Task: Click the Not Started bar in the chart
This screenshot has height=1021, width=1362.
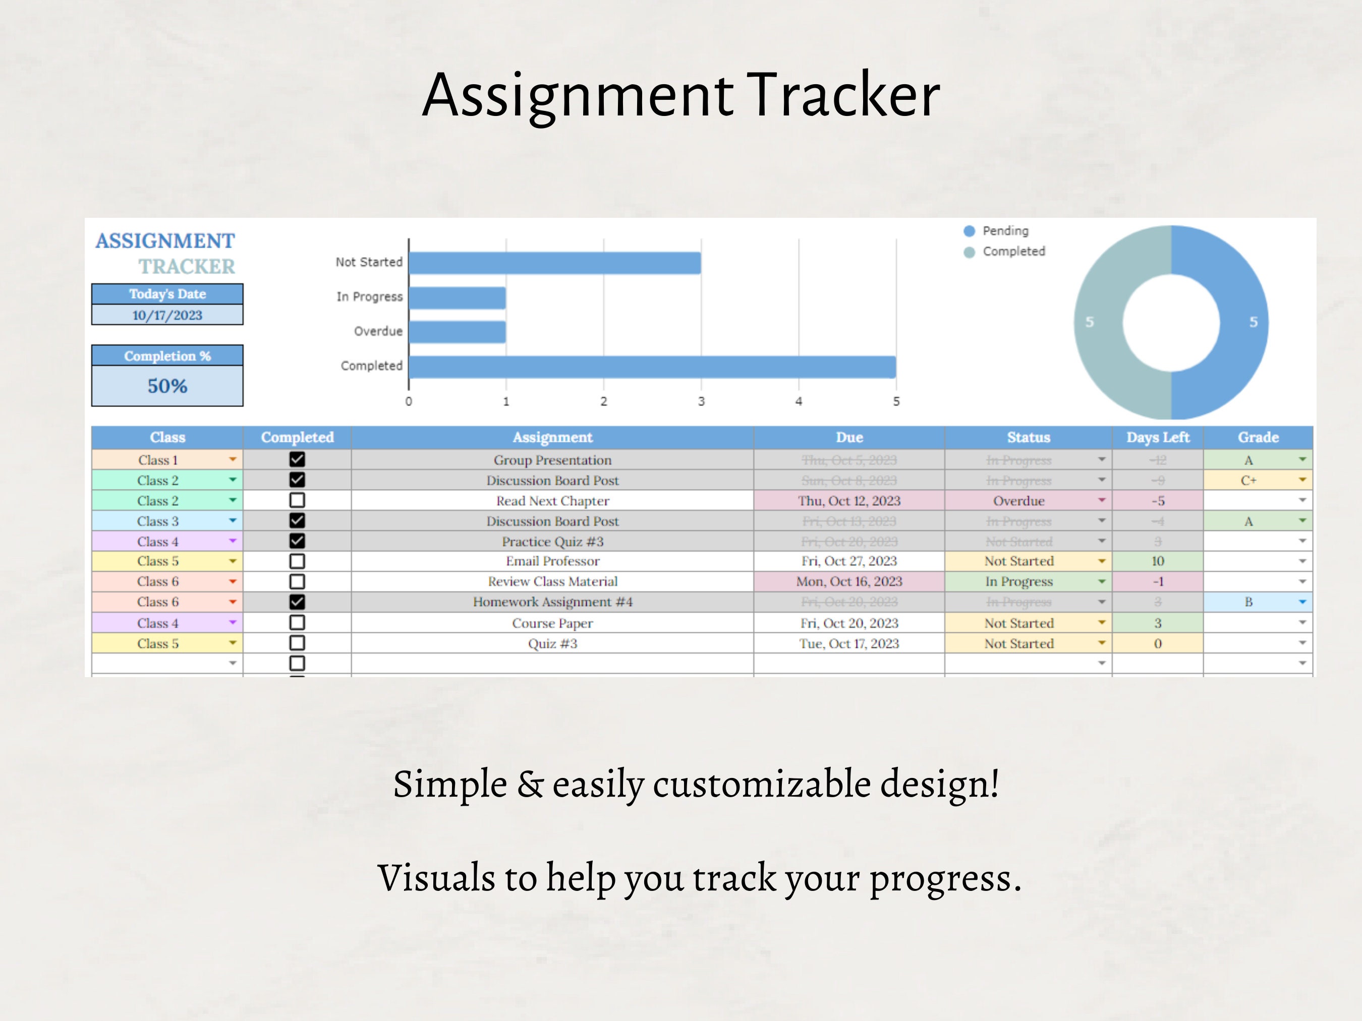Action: point(554,263)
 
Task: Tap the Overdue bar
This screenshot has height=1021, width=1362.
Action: point(457,332)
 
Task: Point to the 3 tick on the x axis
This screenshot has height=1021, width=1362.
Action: point(701,401)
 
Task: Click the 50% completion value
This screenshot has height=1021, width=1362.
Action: point(167,386)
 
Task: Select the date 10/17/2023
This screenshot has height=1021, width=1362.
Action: point(167,315)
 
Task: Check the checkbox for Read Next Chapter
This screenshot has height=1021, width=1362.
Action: point(298,500)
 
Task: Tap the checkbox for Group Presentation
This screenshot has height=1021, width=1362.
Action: point(298,459)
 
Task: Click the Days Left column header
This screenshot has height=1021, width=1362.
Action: point(1158,437)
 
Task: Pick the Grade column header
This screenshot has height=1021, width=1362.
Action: point(1258,437)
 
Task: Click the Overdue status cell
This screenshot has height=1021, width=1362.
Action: point(1019,501)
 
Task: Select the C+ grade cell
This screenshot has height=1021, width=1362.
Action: point(1248,480)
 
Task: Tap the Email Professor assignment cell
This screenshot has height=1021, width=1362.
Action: point(552,561)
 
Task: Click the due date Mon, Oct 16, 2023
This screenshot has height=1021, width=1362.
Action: point(849,581)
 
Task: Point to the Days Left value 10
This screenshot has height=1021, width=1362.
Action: point(1158,561)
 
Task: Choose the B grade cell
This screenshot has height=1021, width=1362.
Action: point(1248,602)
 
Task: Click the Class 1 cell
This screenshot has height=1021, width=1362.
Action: point(158,460)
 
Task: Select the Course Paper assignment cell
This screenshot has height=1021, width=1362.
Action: point(552,623)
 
